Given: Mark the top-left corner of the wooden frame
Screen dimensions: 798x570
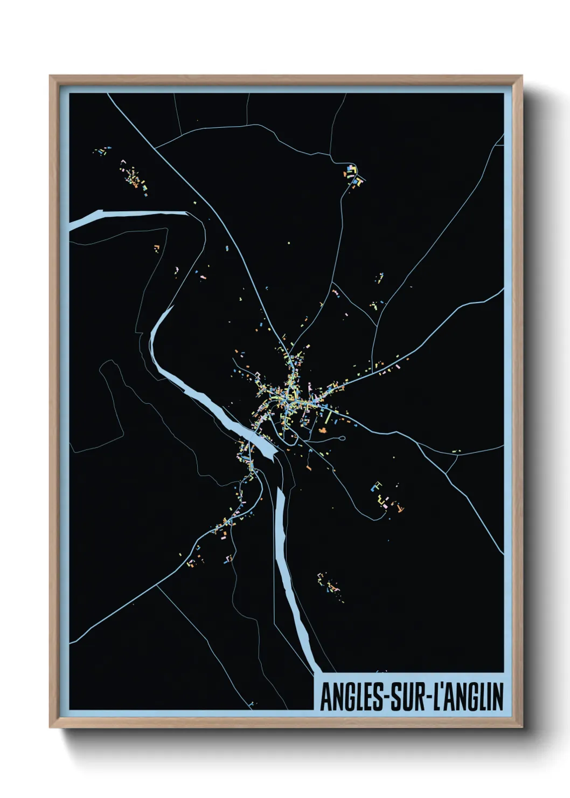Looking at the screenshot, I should pyautogui.click(x=50, y=76).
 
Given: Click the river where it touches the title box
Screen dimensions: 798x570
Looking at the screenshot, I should pyautogui.click(x=317, y=672).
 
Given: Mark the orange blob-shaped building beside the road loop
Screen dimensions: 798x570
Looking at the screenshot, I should pyautogui.click(x=323, y=430).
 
